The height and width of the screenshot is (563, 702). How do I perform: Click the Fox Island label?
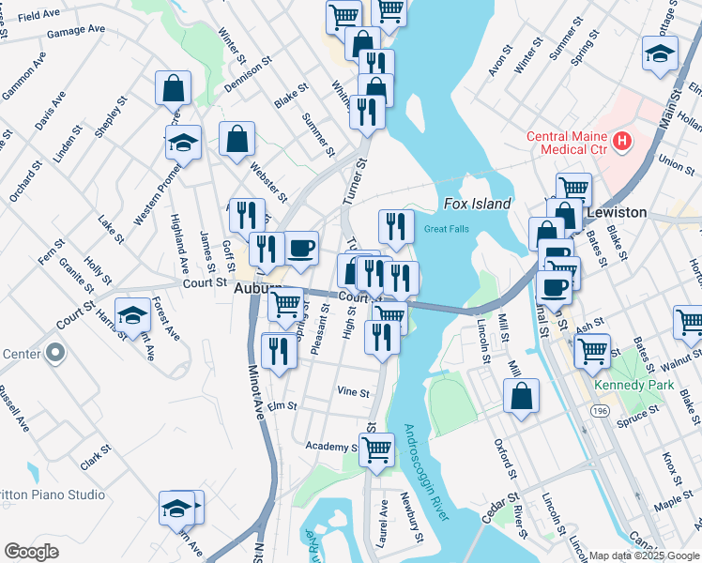pyautogui.click(x=477, y=204)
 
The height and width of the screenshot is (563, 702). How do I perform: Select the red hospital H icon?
pyautogui.click(x=620, y=142)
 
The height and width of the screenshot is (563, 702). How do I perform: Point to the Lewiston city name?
pyautogui.click(x=617, y=212)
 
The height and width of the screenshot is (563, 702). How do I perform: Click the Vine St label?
pyautogui.click(x=353, y=393)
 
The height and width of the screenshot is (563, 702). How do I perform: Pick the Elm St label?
pyautogui.click(x=282, y=406)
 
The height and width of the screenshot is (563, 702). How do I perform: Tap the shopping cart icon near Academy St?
pyautogui.click(x=376, y=449)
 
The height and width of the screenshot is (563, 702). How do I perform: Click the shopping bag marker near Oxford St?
pyautogui.click(x=521, y=396)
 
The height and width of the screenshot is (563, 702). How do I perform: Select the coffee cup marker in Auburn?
pyautogui.click(x=301, y=249)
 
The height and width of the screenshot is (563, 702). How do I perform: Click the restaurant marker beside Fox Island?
pyautogui.click(x=396, y=226)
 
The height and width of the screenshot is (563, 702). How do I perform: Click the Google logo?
pyautogui.click(x=32, y=552)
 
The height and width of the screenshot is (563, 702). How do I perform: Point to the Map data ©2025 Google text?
pyautogui.click(x=644, y=555)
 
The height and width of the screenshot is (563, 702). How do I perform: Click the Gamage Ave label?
pyautogui.click(x=76, y=30)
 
